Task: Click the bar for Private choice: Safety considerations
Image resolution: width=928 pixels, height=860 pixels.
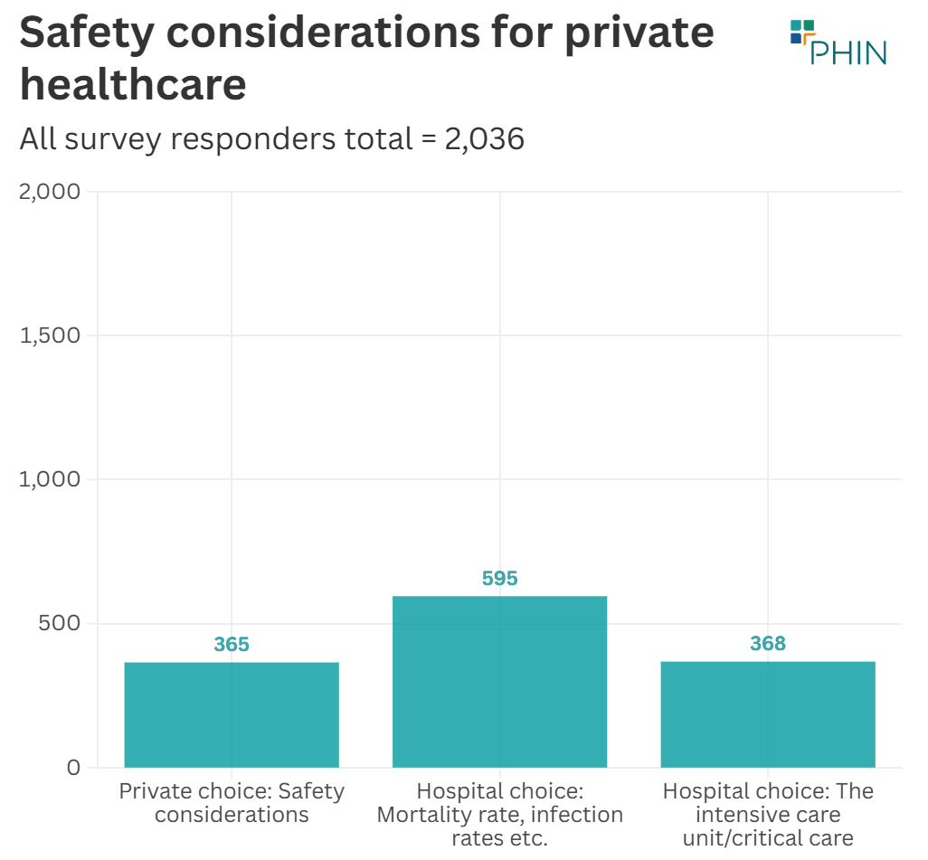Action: click(232, 714)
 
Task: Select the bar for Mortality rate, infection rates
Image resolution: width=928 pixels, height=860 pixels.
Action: click(499, 681)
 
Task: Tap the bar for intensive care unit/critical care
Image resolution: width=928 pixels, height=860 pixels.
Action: click(768, 714)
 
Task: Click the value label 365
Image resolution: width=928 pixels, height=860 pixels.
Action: click(232, 645)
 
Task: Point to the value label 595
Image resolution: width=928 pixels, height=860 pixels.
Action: click(499, 578)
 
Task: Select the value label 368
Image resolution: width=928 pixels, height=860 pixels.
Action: click(768, 644)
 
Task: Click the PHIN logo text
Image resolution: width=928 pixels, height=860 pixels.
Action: click(848, 52)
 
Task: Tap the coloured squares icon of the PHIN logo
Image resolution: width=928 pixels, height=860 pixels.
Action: click(801, 32)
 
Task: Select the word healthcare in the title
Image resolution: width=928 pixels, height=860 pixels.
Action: click(133, 85)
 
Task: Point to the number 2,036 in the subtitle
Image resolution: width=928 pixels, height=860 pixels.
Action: click(484, 139)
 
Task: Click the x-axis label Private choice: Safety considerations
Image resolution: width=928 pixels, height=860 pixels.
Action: click(232, 803)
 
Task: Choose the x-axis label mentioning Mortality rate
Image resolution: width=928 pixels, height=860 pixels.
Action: click(499, 814)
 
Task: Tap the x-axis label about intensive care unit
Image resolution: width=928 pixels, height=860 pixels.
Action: click(768, 814)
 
